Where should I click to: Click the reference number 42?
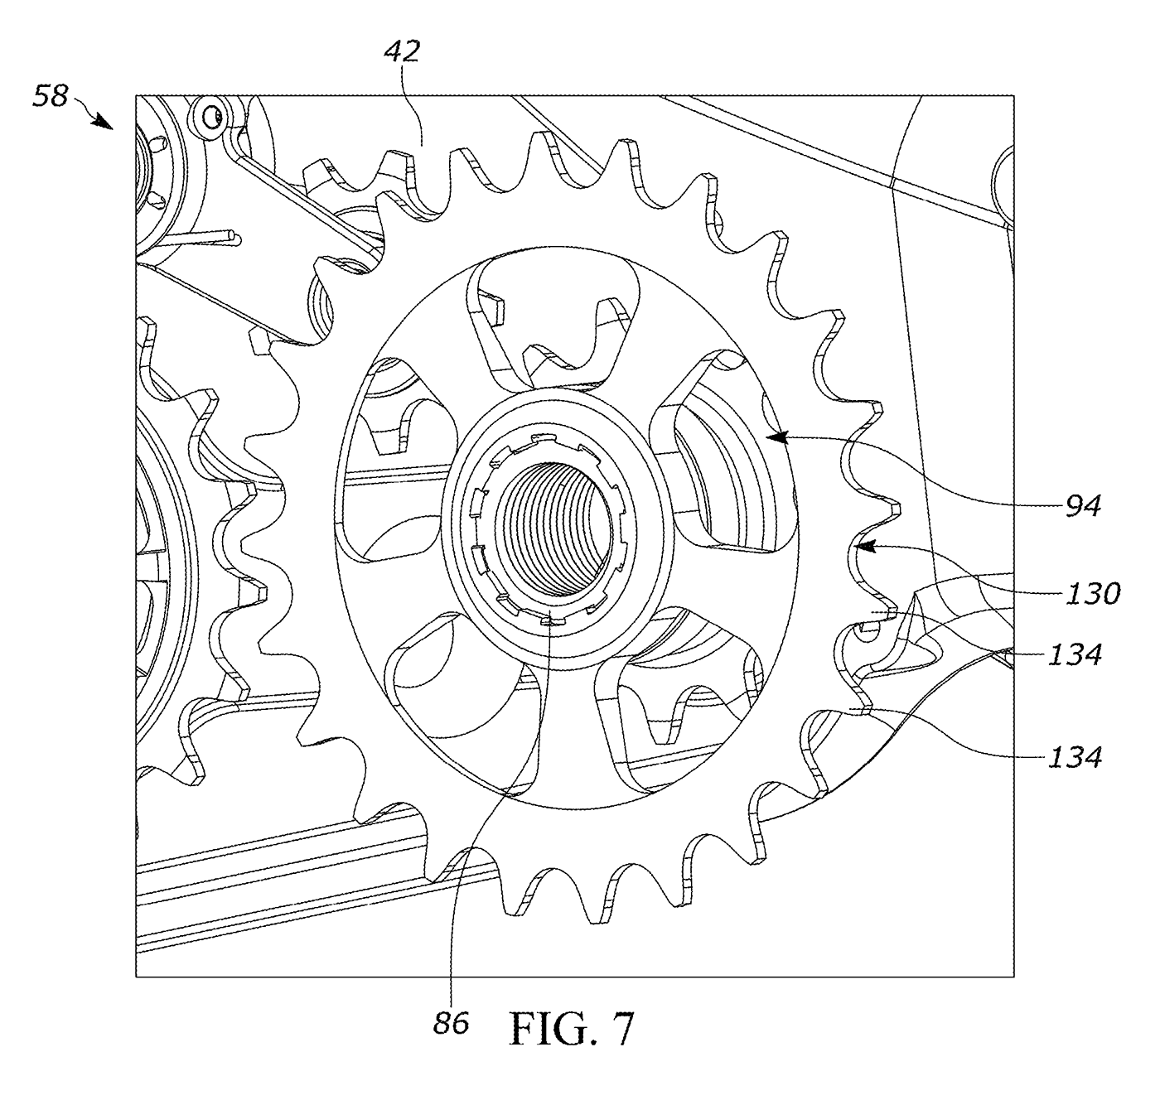402,51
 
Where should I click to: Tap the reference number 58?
51,95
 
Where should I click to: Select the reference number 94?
1083,506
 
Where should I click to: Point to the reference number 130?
1092,593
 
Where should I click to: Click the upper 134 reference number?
1075,655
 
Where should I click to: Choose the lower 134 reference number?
1075,757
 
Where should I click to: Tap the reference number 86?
452,1023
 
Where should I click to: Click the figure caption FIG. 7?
571,1029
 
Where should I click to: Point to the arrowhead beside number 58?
104,122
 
